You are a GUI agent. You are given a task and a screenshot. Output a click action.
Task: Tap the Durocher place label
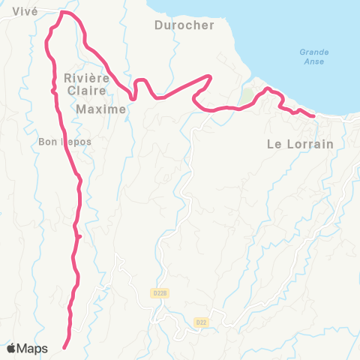(184, 25)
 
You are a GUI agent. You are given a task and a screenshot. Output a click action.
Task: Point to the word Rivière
(88, 78)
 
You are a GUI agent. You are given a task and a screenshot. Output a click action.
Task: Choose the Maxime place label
(100, 109)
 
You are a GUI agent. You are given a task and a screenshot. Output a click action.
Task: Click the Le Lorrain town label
(299, 144)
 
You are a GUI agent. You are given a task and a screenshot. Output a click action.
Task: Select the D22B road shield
(158, 292)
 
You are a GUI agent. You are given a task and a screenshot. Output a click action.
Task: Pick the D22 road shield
(201, 322)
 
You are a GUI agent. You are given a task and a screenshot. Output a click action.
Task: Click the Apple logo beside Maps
(12, 348)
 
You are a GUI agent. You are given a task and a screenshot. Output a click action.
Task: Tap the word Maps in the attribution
(33, 348)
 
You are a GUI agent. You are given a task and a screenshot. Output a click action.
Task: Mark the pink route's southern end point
(64, 347)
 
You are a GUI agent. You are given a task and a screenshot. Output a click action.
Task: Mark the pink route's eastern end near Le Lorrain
(312, 115)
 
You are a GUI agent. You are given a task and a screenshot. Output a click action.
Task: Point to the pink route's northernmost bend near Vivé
(65, 13)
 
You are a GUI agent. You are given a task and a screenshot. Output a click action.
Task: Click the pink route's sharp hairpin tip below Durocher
(211, 76)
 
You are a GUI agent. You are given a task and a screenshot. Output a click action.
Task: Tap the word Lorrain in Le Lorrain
(310, 144)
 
